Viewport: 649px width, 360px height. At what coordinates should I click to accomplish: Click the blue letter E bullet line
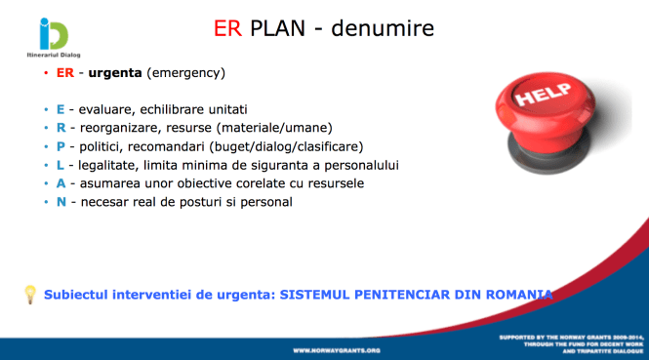click(60, 109)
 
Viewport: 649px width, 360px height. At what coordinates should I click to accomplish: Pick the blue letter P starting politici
click(60, 146)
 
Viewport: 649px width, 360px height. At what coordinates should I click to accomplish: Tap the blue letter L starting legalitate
click(60, 165)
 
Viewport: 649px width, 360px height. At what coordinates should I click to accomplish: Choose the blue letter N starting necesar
click(61, 202)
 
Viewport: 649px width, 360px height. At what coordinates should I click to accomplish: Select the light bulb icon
click(30, 294)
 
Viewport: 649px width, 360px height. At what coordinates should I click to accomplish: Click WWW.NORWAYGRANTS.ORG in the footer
click(337, 349)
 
